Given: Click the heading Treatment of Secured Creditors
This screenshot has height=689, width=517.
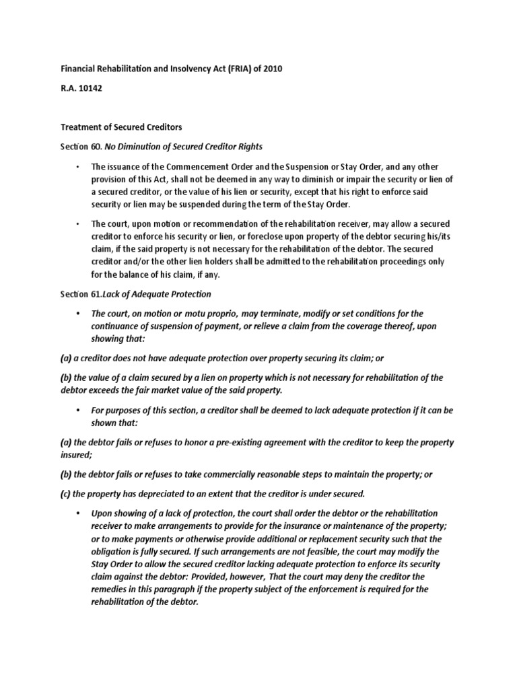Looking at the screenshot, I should [x=121, y=126].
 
